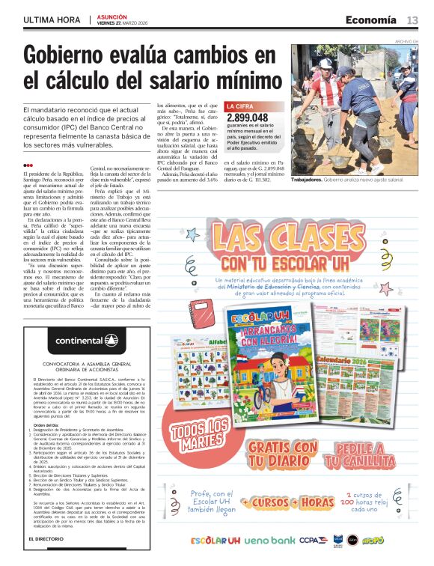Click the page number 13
[412, 19]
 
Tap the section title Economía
[371, 19]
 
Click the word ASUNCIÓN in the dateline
[112, 16]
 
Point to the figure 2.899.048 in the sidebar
[247, 118]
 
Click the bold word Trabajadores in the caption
[311, 180]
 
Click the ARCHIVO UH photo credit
[406, 41]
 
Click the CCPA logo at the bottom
[308, 540]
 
